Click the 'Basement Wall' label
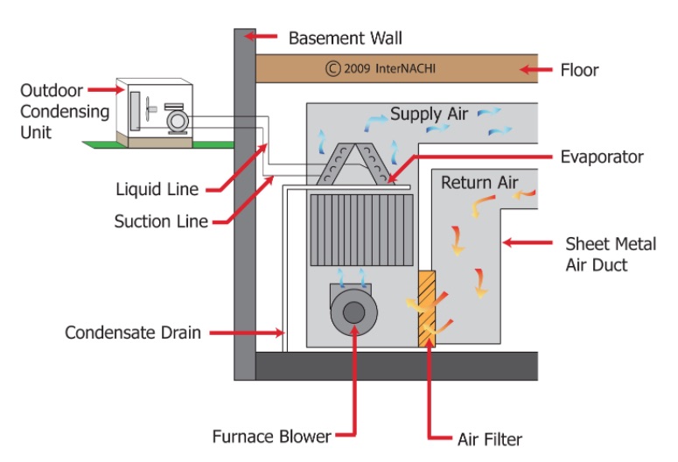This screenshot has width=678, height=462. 346,38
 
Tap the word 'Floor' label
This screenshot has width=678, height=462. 579,69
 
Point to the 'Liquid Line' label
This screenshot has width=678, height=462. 157,189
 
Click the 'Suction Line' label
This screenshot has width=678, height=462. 161,221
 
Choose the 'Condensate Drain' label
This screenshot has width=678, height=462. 133,333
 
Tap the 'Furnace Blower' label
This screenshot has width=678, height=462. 271,436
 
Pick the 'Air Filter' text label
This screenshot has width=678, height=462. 490,438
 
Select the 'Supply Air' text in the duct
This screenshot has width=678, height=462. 429,115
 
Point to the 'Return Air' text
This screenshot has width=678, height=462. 479,183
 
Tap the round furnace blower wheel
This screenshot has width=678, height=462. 353,311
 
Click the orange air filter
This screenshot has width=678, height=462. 427,306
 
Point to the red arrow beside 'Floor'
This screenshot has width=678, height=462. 534,69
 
